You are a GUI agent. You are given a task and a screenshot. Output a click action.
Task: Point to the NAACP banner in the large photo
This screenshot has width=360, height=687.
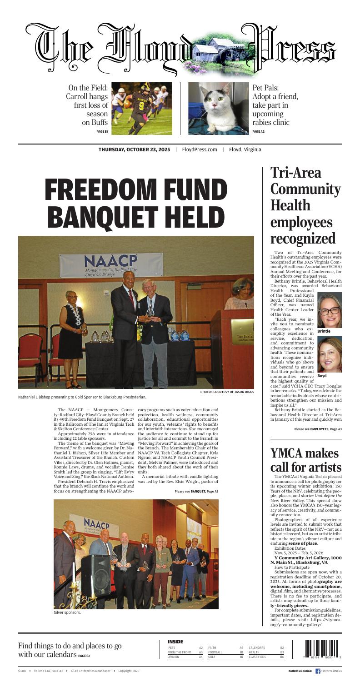click(x=111, y=265)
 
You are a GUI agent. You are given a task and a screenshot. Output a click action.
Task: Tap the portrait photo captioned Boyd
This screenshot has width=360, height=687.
click(x=330, y=355)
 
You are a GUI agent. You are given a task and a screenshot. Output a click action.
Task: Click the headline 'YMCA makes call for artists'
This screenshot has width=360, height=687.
click(x=305, y=460)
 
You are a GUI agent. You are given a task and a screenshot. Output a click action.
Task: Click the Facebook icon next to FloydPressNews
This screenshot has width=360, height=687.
click(x=318, y=671)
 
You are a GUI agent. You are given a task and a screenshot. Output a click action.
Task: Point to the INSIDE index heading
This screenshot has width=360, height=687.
click(x=175, y=641)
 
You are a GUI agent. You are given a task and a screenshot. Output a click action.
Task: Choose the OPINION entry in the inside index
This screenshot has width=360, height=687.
click(x=174, y=657)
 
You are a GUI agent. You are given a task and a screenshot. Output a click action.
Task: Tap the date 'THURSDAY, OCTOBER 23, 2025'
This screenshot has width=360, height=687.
click(x=134, y=150)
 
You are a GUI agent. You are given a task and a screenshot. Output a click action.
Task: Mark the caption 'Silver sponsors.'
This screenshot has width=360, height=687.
click(x=67, y=612)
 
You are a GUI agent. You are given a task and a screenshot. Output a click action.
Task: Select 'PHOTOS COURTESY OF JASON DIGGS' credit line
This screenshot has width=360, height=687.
click(x=227, y=392)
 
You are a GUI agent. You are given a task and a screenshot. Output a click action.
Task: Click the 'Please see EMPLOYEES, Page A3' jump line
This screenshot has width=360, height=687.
click(x=318, y=429)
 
